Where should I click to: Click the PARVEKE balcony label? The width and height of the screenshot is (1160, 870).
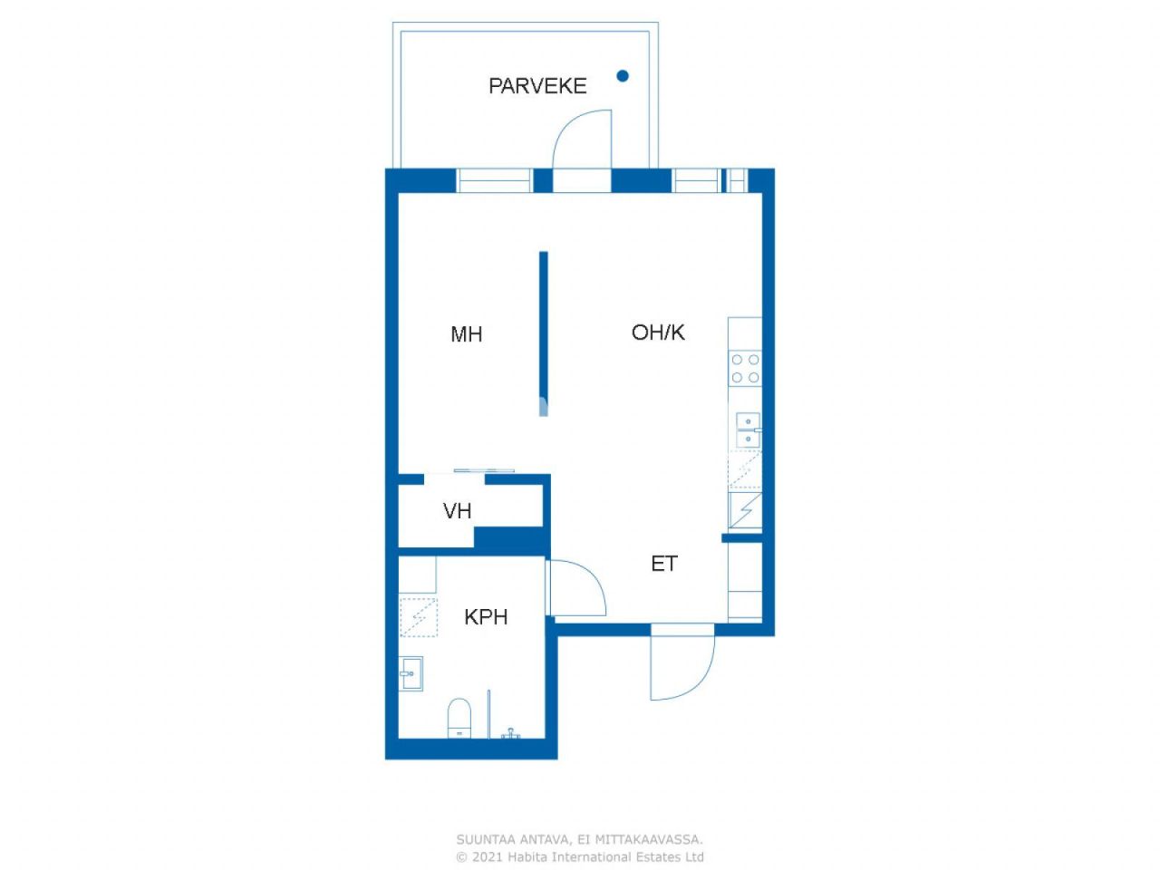coord(537,86)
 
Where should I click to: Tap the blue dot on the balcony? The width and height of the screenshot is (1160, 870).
coord(623,76)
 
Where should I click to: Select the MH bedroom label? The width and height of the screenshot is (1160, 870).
coord(466,334)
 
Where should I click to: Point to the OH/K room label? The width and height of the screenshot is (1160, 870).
coord(658,333)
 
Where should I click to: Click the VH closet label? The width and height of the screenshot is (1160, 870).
coord(457,511)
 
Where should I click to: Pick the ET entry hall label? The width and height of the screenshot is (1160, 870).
coord(663,564)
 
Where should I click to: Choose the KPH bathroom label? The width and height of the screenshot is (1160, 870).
coord(486,617)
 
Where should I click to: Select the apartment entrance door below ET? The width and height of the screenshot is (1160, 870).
coord(684,666)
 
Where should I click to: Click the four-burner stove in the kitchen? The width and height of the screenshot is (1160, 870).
coord(745,368)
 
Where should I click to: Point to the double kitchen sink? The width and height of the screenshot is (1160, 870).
coord(747,430)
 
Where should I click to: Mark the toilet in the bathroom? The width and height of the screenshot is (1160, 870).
coord(459,717)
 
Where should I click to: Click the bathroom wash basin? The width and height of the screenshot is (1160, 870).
coord(411,673)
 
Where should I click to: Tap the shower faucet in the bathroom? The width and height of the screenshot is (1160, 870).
coord(512,732)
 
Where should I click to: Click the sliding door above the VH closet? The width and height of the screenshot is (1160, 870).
coord(484,470)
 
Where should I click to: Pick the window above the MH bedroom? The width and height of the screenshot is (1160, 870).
coord(494,180)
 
